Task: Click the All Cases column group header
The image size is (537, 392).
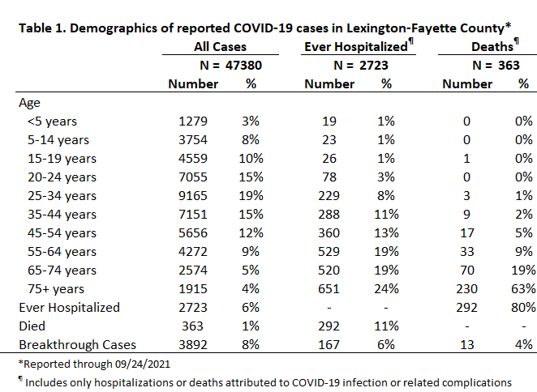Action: [x=220, y=46]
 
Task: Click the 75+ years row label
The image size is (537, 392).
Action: [x=56, y=289]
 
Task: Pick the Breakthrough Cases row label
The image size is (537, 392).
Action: [x=77, y=345]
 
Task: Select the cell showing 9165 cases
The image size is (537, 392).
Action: [x=193, y=196]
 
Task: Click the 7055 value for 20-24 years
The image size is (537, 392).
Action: [x=193, y=177]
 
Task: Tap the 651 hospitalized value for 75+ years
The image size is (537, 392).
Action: [x=329, y=289]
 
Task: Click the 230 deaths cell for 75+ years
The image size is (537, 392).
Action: [x=466, y=289]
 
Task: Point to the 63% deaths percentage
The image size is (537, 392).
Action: [x=523, y=289]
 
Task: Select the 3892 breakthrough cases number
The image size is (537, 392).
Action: [x=193, y=345]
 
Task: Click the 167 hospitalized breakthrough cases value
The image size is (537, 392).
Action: [x=329, y=345]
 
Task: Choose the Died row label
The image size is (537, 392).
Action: [x=32, y=326]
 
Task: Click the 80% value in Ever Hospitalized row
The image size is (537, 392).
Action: [x=523, y=308]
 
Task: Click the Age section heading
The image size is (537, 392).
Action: [x=29, y=103]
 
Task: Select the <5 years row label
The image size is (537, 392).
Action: [x=52, y=121]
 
